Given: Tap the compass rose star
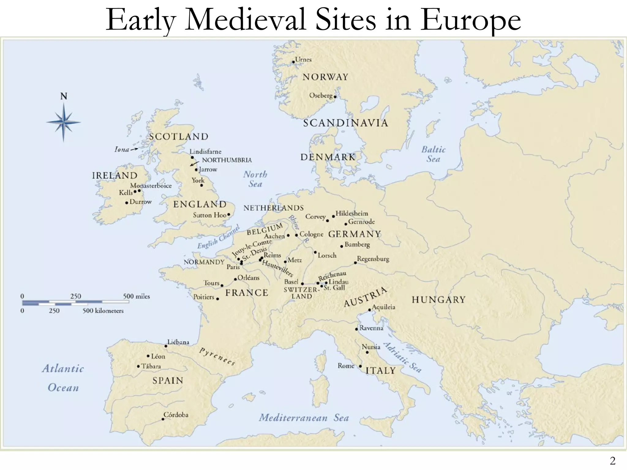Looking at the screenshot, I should coord(64,122).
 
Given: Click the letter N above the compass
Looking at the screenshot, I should coord(64,96).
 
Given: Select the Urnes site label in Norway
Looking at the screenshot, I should coord(303,60).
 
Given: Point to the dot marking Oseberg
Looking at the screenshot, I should coord(335,97).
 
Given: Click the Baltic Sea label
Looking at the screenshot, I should coord(433,154).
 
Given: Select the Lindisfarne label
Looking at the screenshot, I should coord(205,151).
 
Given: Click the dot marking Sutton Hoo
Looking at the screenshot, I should coord(229,215).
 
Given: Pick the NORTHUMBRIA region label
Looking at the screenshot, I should coord(227,160).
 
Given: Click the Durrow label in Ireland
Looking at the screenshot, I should coord(141,202).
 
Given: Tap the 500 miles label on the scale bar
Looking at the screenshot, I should coord(136,296).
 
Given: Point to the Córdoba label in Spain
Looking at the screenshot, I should coord(176,415).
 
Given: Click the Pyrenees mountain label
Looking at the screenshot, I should coord(217,356).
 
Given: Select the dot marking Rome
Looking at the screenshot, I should coord(360,366).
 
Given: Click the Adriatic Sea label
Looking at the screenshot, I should coord(403,357).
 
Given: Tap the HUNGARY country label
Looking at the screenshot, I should coord(438,300).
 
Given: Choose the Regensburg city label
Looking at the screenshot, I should coord(373,259).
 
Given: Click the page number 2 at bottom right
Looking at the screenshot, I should coord(613,461).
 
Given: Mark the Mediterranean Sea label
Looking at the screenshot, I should coord(304,418).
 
